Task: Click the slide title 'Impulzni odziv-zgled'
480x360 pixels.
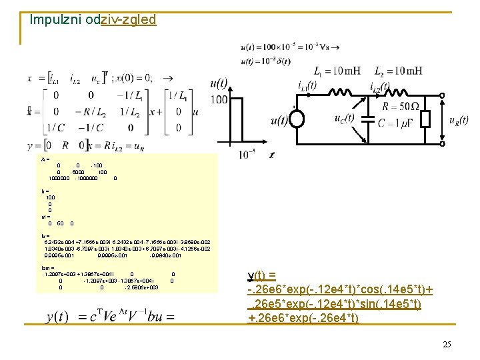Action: (93, 19)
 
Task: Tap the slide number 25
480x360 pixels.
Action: (447, 344)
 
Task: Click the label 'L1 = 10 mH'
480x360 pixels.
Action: (329, 71)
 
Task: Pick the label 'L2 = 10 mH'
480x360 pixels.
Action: (397, 71)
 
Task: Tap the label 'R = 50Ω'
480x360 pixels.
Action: (400, 105)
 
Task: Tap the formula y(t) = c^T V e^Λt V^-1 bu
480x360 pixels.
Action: (111, 316)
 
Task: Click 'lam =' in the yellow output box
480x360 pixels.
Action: (47, 267)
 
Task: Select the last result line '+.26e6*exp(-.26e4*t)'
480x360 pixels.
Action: (303, 318)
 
